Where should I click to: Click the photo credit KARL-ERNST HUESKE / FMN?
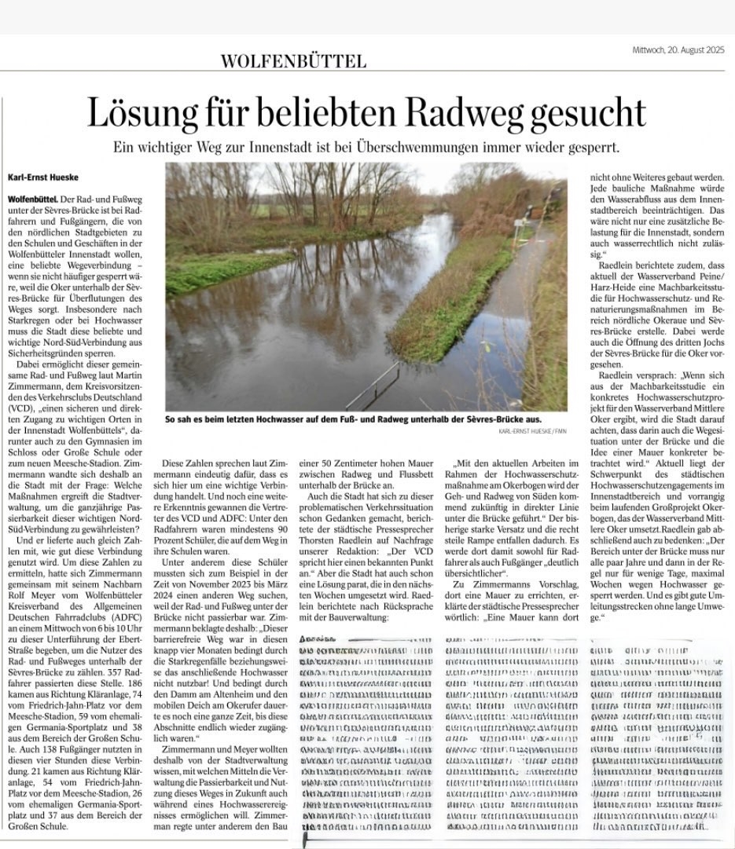[532, 430]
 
